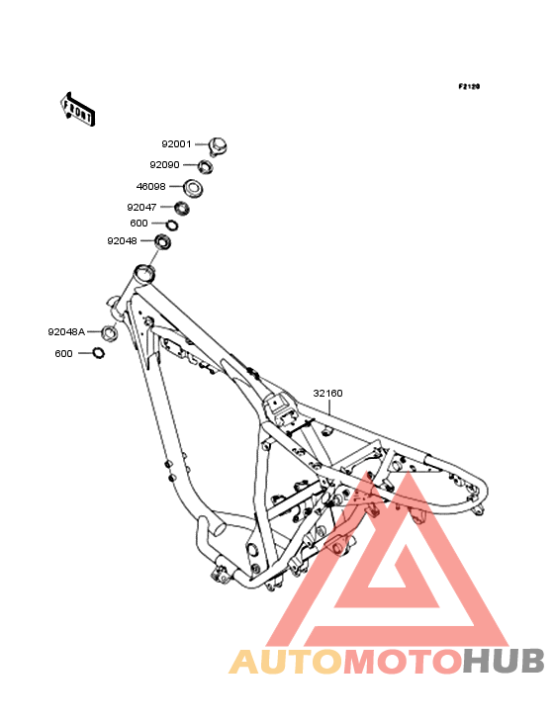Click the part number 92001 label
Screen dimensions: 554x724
click(x=176, y=144)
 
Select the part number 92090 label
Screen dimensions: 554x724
click(x=164, y=165)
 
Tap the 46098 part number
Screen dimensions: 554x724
click(x=151, y=187)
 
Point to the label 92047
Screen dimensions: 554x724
click(x=141, y=208)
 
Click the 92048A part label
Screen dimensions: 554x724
click(x=66, y=332)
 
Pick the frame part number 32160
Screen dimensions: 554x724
click(x=327, y=394)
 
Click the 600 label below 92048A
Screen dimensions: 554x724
click(x=63, y=354)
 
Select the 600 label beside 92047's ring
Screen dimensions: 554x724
click(x=138, y=224)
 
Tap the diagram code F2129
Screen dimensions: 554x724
click(x=469, y=86)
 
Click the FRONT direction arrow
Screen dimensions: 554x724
click(x=78, y=109)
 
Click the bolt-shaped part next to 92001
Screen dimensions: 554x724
click(x=218, y=146)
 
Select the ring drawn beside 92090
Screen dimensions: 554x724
click(x=205, y=166)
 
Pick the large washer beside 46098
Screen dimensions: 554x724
click(x=194, y=188)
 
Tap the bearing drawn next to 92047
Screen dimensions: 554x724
click(x=182, y=208)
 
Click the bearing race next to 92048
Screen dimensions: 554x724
click(x=162, y=241)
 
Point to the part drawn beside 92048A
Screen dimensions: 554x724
click(x=109, y=332)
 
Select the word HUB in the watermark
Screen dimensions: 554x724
click(x=505, y=661)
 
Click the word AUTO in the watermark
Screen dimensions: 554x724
click(x=286, y=661)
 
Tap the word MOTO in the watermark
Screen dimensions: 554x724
click(x=403, y=661)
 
